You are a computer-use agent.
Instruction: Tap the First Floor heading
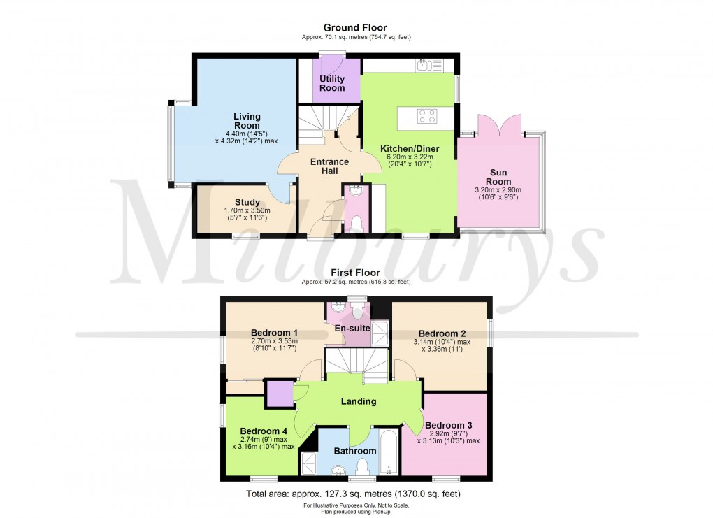(x=355, y=273)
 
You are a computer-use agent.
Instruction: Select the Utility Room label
(x=332, y=84)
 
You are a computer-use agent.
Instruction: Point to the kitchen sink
(x=428, y=66)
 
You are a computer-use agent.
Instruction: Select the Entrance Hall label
(x=330, y=166)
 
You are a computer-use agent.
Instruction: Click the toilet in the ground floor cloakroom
(x=356, y=223)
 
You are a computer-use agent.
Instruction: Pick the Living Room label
(x=247, y=121)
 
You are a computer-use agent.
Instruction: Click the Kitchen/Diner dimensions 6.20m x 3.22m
(x=409, y=157)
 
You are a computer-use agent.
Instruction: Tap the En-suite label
(x=347, y=328)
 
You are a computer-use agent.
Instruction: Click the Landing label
(x=359, y=401)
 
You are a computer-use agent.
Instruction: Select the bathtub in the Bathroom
(x=388, y=454)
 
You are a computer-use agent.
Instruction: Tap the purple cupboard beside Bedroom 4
(x=278, y=393)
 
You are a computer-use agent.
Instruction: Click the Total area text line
(x=356, y=494)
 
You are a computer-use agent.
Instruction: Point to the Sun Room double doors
(x=498, y=125)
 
